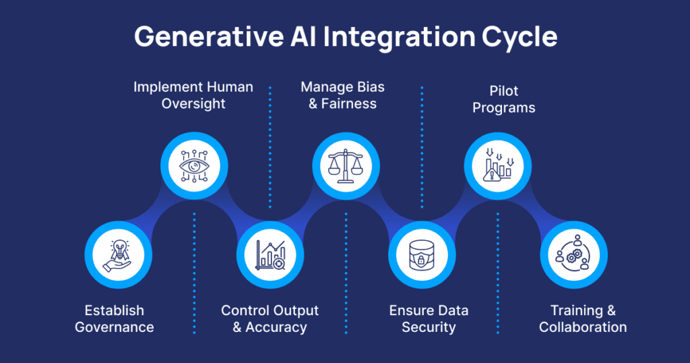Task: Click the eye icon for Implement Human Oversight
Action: tap(193, 166)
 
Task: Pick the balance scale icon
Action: tap(346, 166)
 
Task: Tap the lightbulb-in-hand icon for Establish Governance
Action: tap(117, 254)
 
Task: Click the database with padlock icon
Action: tap(422, 254)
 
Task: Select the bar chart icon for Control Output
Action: tap(270, 254)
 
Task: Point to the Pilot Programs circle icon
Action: tap(499, 166)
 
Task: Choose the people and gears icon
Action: tap(574, 254)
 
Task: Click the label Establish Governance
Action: tap(115, 318)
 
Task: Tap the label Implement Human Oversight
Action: tap(193, 95)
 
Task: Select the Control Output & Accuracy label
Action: tap(270, 318)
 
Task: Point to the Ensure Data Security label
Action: tap(429, 318)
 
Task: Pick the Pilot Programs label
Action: tap(504, 99)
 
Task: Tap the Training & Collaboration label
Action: tap(583, 318)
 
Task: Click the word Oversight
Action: tap(193, 104)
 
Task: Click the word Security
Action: tap(429, 327)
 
